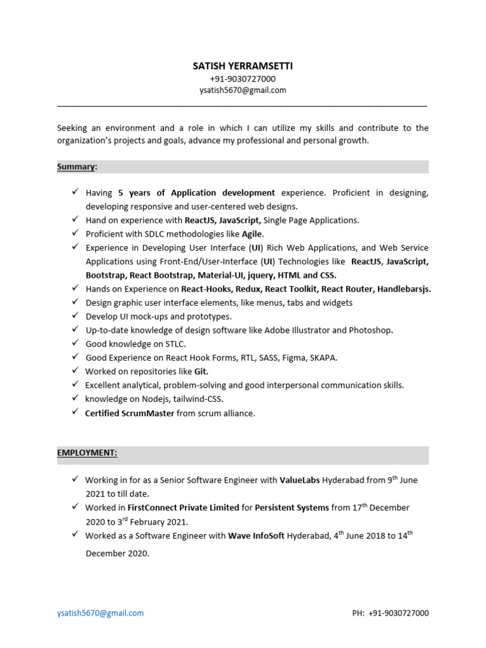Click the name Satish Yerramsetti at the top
point(243,66)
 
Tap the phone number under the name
point(243,78)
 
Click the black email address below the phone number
point(243,90)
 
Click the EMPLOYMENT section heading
point(87,453)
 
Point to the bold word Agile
point(252,234)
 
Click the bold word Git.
point(201,371)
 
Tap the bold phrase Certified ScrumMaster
point(130,413)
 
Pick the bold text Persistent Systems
point(292,508)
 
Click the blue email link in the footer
point(100,613)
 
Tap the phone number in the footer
point(400,613)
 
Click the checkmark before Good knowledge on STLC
point(75,344)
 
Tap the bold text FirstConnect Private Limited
point(184,508)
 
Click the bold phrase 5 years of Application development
point(197,192)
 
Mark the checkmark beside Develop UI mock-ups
point(75,316)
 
